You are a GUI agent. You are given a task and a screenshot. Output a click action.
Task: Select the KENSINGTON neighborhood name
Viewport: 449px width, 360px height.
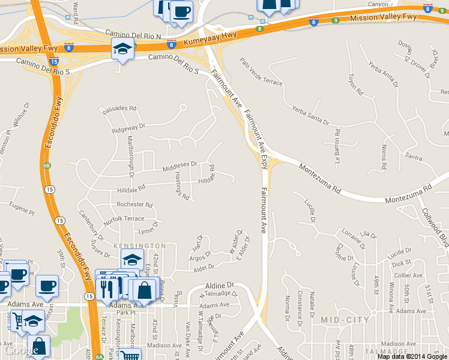tap(139, 246)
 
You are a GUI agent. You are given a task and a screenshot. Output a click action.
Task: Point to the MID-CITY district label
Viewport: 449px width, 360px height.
tap(345, 320)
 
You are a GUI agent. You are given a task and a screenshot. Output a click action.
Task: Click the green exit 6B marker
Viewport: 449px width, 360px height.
tap(47, 165)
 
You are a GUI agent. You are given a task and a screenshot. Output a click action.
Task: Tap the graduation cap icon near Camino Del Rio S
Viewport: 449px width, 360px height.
tap(122, 49)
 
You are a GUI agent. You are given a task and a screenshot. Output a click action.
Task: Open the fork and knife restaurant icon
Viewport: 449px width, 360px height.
tap(107, 290)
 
